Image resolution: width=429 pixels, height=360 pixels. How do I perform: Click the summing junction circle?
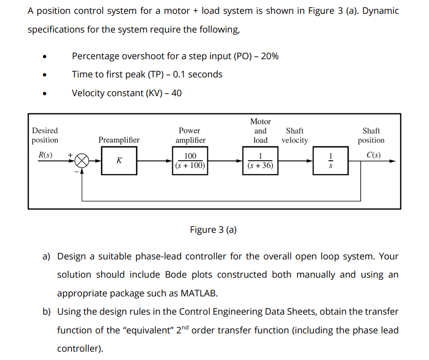[82, 161]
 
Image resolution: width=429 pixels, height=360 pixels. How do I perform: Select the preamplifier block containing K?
[118, 161]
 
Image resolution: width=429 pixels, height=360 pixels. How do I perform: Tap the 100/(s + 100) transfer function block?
[190, 161]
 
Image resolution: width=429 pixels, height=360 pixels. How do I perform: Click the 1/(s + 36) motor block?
[260, 161]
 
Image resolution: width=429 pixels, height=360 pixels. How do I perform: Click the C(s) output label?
[373, 154]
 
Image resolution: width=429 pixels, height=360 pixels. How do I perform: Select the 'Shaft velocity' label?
[295, 136]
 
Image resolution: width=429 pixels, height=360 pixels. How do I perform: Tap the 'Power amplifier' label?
[190, 136]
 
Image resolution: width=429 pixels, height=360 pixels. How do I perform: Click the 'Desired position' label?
[45, 136]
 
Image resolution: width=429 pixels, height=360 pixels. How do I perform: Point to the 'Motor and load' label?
[260, 131]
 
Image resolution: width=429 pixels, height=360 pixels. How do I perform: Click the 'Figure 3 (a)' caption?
[213, 230]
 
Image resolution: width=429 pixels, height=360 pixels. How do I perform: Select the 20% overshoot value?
[270, 56]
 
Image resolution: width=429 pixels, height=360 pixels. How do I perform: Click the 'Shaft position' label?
[371, 136]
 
